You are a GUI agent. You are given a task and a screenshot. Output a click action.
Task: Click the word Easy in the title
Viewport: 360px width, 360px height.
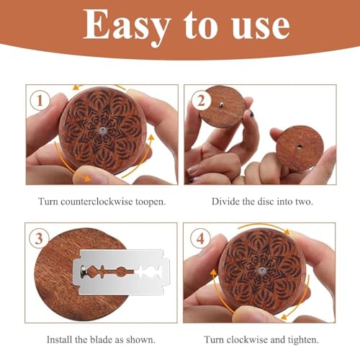[127, 26]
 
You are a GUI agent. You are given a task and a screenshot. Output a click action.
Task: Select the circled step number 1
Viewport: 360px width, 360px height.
[40, 101]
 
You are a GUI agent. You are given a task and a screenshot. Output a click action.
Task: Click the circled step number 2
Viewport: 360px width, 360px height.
[201, 101]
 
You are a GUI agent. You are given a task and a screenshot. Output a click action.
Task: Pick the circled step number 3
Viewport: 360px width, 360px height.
[39, 238]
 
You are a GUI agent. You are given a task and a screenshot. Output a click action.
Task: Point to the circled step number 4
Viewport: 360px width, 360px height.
[201, 239]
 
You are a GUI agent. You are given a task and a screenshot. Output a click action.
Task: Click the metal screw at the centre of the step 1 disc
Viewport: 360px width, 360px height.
[103, 130]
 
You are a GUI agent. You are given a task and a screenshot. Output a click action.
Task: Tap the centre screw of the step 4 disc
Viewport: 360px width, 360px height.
[261, 271]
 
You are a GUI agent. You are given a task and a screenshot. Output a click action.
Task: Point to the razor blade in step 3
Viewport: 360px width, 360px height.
[122, 272]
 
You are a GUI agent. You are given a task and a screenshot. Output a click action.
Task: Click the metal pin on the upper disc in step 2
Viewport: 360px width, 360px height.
[221, 104]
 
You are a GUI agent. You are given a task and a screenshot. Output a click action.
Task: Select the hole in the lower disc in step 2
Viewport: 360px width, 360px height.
[299, 146]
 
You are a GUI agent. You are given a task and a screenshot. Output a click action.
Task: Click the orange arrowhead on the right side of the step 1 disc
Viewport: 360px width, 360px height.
[151, 138]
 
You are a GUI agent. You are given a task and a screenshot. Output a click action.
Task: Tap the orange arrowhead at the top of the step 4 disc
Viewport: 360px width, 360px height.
[286, 231]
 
